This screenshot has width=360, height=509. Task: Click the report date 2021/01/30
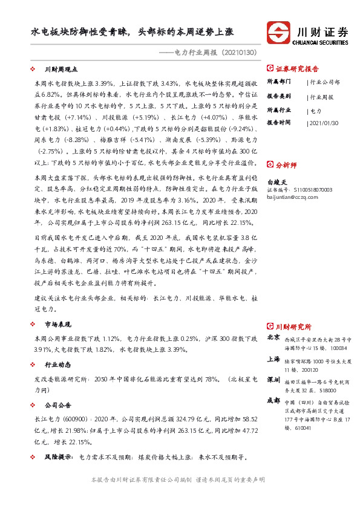(324, 122)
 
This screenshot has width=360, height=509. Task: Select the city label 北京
(273, 337)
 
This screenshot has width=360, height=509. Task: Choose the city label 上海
(273, 358)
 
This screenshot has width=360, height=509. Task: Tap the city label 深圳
(273, 380)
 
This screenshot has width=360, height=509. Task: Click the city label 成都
(273, 401)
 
